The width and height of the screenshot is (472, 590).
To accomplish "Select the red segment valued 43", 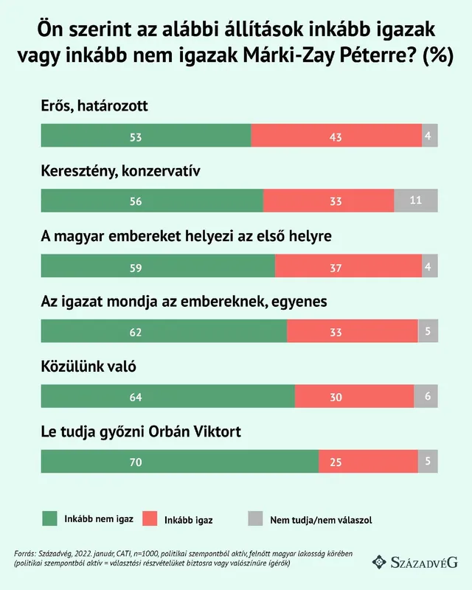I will [x=336, y=136].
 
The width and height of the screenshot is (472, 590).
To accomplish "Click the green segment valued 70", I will [x=180, y=462].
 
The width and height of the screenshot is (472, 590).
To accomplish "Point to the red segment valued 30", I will [x=354, y=397].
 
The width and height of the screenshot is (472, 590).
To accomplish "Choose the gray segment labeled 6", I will [x=426, y=397].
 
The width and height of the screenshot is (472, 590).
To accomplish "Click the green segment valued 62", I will [x=164, y=332].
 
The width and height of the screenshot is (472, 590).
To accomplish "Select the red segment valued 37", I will [x=348, y=267].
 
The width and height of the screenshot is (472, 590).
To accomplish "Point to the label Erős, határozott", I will [x=94, y=105].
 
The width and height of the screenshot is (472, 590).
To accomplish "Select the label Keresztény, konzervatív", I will [x=121, y=171].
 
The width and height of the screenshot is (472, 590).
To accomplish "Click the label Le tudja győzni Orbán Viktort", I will [x=141, y=431].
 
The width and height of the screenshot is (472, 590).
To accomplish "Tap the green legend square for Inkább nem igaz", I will [x=50, y=519].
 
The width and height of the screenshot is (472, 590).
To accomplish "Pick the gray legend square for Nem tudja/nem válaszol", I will [x=255, y=519].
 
